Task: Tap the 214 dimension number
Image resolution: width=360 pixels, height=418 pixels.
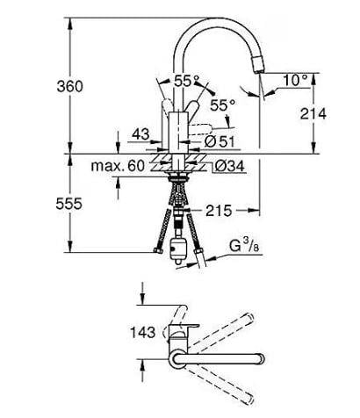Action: (312, 114)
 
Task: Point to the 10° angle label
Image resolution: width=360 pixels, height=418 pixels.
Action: (296, 80)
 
